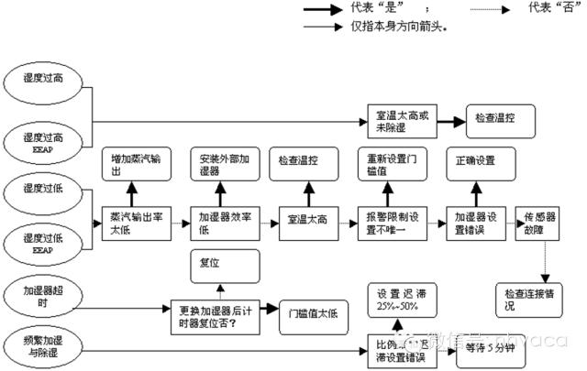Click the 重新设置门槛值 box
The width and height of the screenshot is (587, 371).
tap(389, 166)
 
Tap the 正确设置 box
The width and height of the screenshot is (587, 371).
tap(475, 160)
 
